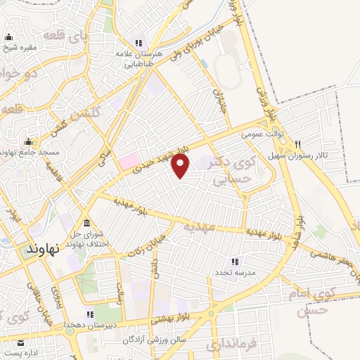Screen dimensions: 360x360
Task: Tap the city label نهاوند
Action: coord(41,250)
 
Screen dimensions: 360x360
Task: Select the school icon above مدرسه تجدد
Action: coord(235,261)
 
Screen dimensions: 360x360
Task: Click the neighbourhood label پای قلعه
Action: coord(67,33)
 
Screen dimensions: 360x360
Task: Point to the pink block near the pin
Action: coord(129,161)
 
